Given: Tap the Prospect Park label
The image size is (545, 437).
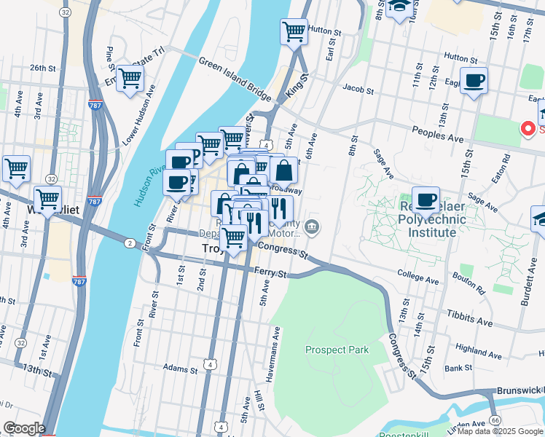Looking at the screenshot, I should (x=337, y=350).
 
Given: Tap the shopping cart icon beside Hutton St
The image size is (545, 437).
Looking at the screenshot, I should (x=294, y=31).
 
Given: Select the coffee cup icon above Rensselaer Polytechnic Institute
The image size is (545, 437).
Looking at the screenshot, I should (x=426, y=199).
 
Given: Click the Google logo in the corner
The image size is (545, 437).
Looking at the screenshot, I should (x=23, y=428).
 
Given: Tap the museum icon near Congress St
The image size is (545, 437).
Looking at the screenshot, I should (x=312, y=227).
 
